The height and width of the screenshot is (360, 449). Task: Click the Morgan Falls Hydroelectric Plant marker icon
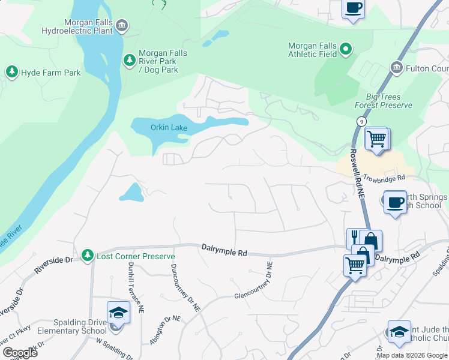(122, 25)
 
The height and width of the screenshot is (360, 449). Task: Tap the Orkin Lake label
(169, 128)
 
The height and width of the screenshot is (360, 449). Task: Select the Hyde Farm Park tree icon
(11, 73)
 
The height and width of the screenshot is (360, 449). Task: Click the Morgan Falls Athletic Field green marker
(345, 49)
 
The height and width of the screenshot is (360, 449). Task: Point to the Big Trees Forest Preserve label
(389, 101)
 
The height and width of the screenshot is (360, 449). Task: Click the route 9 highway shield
(361, 121)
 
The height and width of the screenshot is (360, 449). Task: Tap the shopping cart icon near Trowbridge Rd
(376, 139)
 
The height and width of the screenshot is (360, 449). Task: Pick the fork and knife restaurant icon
(354, 238)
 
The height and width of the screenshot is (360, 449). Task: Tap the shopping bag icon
(371, 241)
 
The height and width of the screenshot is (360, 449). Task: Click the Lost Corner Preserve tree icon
(88, 256)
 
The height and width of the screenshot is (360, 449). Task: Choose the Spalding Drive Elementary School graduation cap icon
(118, 313)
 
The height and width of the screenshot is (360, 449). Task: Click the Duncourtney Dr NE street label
(185, 288)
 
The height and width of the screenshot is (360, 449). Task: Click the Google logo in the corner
(19, 353)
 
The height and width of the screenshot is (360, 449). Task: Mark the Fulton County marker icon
(396, 67)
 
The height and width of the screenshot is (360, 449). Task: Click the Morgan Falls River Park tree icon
(129, 59)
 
